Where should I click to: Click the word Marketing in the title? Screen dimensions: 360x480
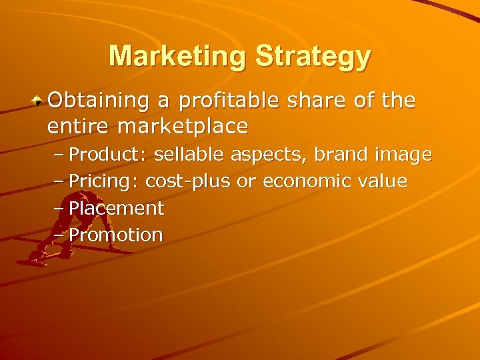point(178,56)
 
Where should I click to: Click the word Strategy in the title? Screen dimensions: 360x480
point(313,57)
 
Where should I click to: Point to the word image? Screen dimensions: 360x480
point(403,156)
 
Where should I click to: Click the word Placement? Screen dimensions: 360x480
point(116,209)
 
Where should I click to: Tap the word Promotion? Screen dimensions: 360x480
point(116,235)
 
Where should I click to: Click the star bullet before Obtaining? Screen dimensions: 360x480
point(39,102)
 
